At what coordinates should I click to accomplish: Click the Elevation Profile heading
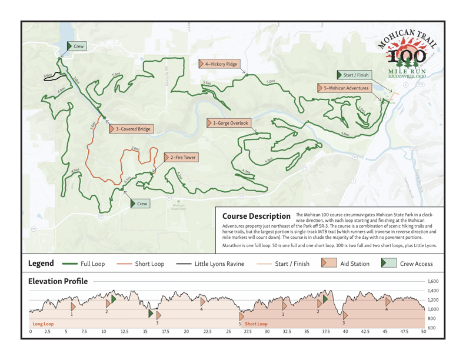58,281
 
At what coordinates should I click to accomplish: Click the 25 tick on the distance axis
229,332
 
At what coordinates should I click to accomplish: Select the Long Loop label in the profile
43,324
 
